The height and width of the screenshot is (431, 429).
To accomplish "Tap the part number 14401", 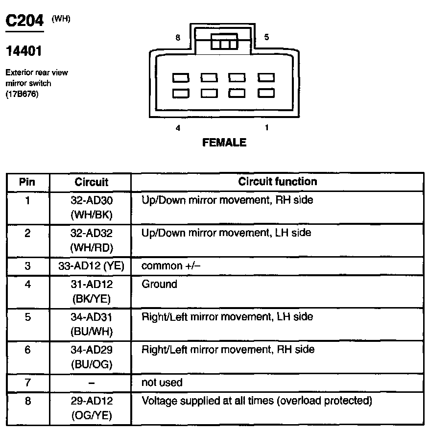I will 24,51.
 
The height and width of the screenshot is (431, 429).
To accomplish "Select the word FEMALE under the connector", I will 224,143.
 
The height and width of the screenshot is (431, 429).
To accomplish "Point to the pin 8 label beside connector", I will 178,38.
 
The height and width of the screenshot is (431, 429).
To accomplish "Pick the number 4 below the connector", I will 178,128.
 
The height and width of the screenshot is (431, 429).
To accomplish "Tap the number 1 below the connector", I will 266,128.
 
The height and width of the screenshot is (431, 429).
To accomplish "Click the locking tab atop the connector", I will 224,42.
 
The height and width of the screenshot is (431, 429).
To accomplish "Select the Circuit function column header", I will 277,182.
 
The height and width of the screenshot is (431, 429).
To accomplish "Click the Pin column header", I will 27,182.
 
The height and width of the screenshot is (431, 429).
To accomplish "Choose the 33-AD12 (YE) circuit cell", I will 91,266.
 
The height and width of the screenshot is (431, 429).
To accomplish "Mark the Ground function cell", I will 159,284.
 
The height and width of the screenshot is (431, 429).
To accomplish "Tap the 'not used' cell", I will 162,382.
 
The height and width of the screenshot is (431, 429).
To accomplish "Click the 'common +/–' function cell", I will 171,266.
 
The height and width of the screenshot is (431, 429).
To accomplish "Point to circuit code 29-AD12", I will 91,401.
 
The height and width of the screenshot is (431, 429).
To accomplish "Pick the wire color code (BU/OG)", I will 91,364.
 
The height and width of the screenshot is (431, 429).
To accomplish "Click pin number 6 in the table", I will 27,350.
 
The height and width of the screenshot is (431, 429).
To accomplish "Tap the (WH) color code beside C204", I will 61,20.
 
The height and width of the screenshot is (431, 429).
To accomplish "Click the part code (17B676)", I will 22,94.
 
